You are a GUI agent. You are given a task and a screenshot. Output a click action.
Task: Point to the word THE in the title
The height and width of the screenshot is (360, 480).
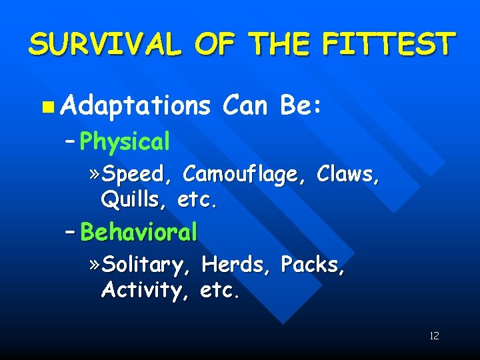[281, 45]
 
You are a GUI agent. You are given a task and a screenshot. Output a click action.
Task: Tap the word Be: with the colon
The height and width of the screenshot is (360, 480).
[303, 105]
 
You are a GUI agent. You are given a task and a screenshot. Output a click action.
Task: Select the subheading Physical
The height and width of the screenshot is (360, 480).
[124, 142]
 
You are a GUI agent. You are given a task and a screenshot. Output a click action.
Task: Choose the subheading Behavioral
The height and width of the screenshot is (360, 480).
[139, 232]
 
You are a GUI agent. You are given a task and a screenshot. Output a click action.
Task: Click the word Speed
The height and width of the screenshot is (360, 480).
[140, 175]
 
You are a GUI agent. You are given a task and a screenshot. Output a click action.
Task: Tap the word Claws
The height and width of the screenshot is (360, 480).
[349, 174]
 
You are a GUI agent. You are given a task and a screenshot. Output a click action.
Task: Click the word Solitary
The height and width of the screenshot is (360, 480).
[147, 265]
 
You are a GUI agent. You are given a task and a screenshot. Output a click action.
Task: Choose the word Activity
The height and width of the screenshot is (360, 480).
[140, 290]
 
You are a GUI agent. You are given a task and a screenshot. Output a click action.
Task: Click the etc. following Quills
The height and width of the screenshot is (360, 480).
[198, 199]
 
